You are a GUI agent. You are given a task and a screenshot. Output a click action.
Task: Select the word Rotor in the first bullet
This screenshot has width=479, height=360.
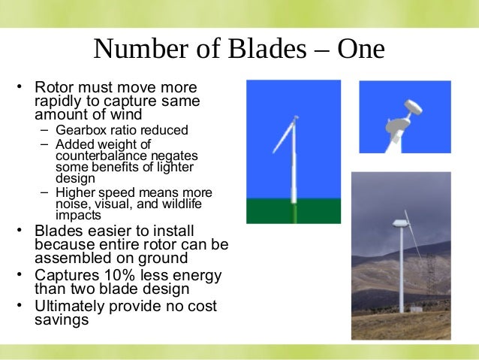click(x=55, y=88)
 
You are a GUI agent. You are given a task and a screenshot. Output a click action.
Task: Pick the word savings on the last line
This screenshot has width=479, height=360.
click(x=62, y=319)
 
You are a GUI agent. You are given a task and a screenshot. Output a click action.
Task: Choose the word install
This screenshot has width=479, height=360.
click(x=188, y=231)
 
